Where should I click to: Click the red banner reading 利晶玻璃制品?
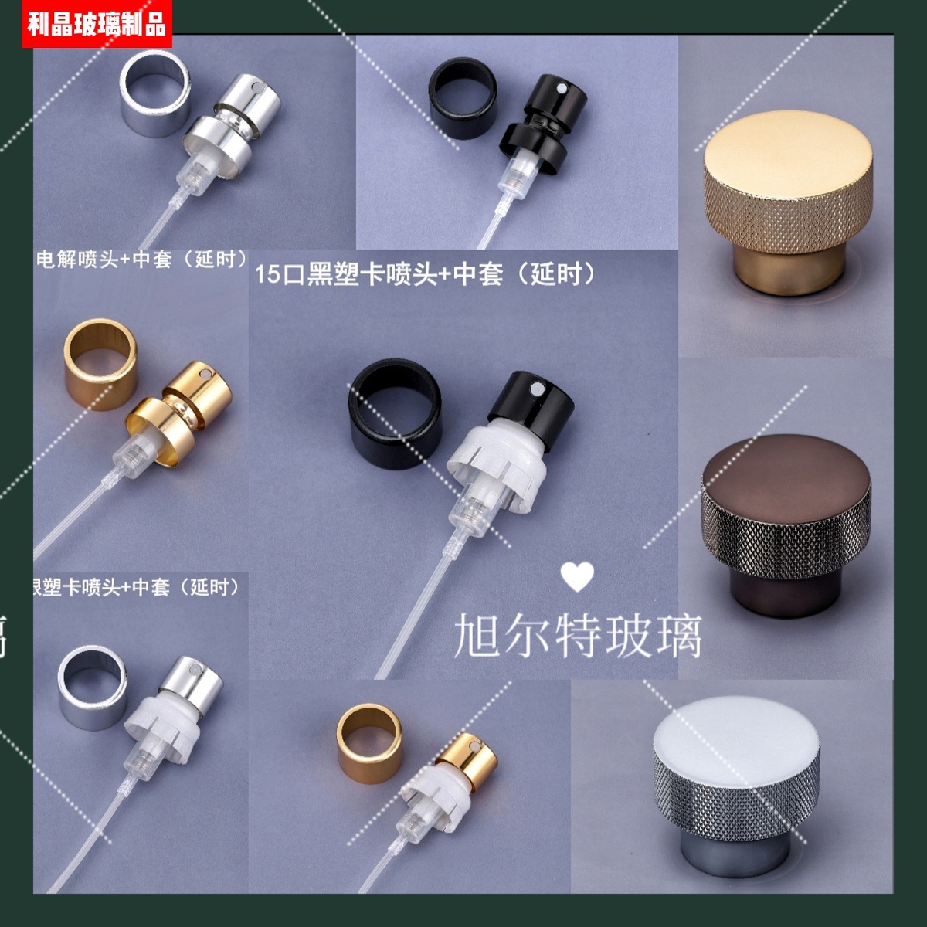point(97,24)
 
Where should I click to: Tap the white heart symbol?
point(577,576)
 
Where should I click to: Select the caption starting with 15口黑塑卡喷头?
point(426,273)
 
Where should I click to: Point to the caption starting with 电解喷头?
point(142,259)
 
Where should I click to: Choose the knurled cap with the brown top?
point(786,525)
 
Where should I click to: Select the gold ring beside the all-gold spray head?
point(100,363)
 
